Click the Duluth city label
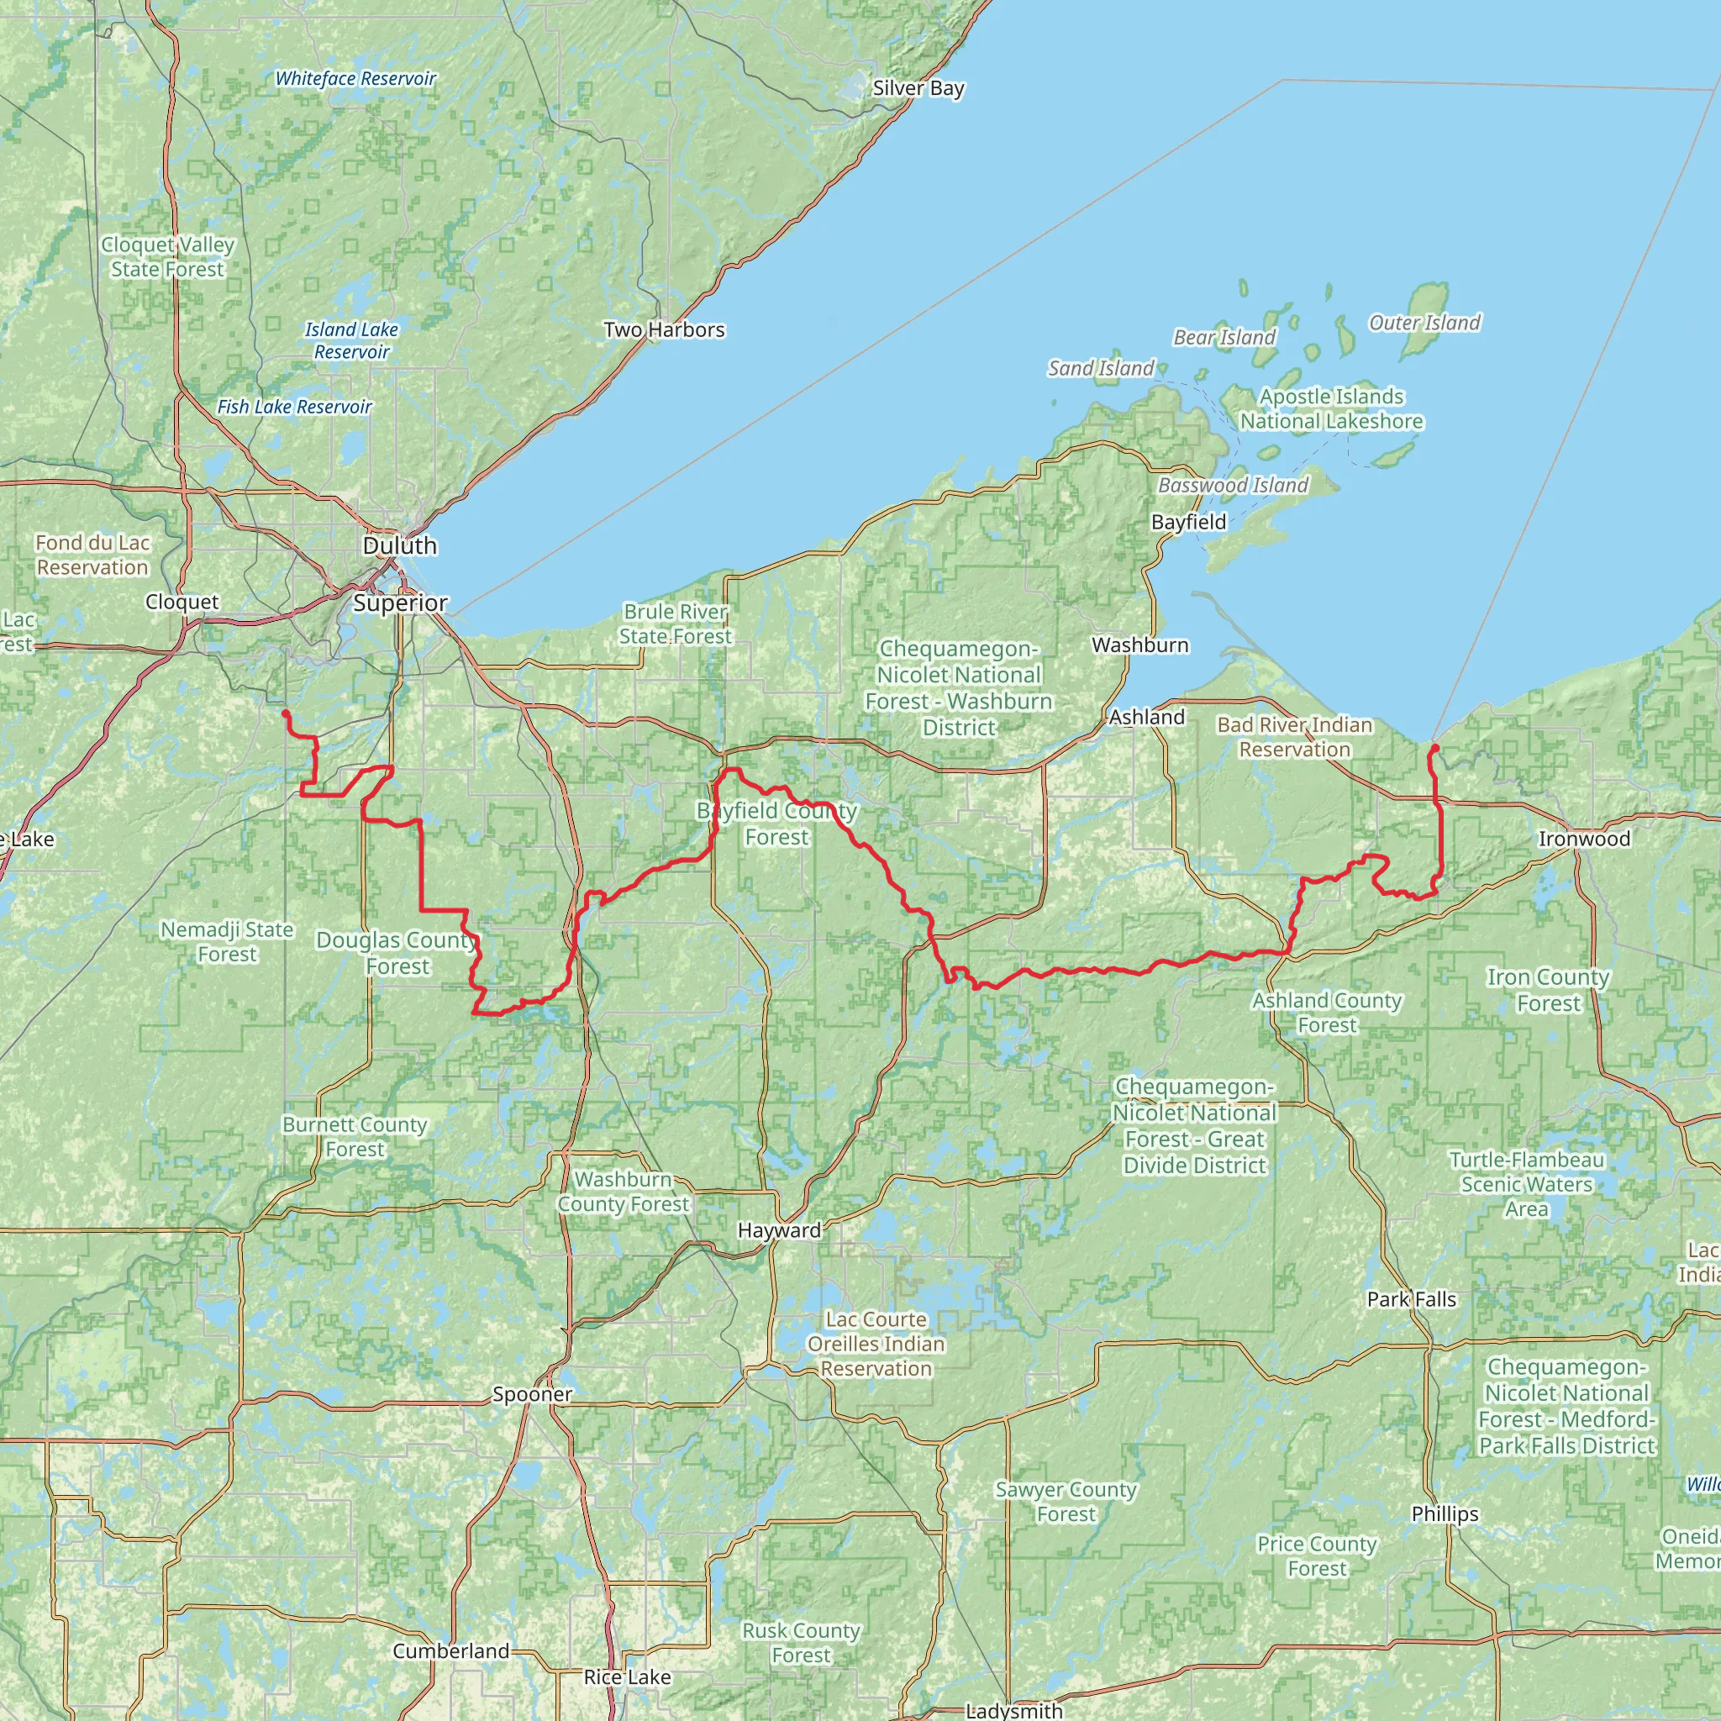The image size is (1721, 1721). (400, 545)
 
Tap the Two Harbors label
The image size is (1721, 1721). (664, 329)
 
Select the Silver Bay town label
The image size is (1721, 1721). (918, 88)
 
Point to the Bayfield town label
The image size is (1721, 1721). (1188, 522)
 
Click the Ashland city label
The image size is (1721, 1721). (1146, 717)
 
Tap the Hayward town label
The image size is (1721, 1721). (780, 1230)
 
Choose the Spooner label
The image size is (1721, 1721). (533, 1394)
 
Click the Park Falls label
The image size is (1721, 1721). (1412, 1299)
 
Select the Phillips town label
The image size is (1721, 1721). (1445, 1513)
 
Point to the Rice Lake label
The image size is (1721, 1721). (627, 1676)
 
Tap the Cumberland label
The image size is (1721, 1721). (450, 1650)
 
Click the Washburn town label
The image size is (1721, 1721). (1140, 645)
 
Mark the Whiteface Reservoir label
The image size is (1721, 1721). (355, 78)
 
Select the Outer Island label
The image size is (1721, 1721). (1424, 323)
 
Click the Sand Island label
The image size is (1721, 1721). (1101, 368)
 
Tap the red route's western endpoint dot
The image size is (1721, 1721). (285, 713)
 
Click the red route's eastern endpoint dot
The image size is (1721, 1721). (1435, 747)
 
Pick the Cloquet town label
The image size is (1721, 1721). (182, 603)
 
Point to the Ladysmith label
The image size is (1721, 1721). (1013, 1711)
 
